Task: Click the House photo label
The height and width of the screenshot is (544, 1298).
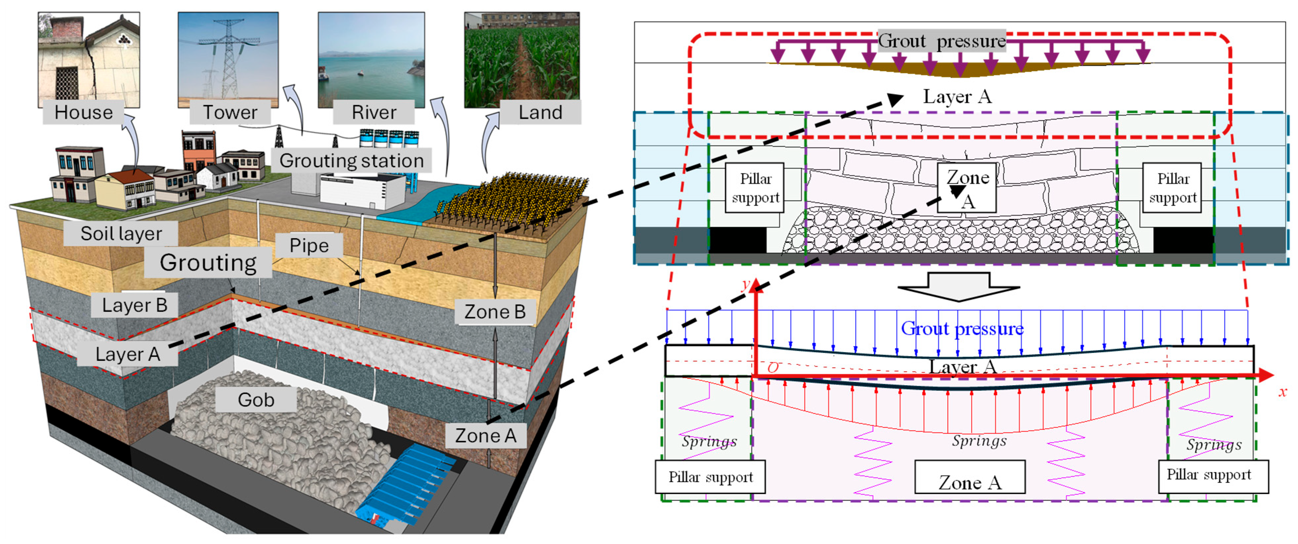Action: (84, 112)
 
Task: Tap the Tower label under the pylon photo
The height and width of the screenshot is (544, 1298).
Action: (230, 112)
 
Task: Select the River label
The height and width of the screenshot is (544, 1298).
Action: (374, 112)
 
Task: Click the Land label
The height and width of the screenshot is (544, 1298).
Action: (540, 112)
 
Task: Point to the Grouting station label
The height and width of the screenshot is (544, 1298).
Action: (351, 160)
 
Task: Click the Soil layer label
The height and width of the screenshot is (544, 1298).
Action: (121, 234)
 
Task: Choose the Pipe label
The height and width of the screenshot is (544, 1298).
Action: (309, 245)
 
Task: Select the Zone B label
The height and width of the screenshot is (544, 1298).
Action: (495, 311)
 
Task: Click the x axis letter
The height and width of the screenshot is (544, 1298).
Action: (1282, 392)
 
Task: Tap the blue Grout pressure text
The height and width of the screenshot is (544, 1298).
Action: (962, 329)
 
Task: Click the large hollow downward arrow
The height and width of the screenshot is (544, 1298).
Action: (958, 286)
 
